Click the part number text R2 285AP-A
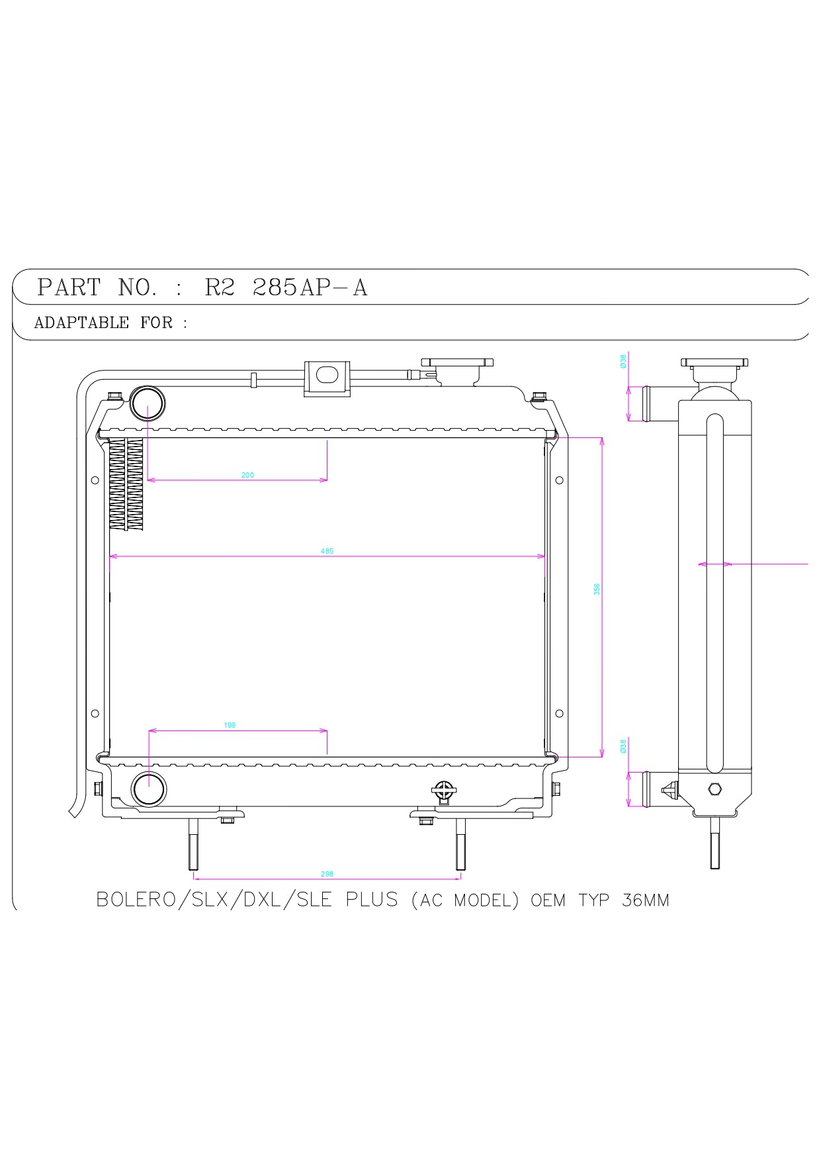point(286,288)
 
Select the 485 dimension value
point(327,551)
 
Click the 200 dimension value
point(247,475)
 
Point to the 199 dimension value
point(230,725)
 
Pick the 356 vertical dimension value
point(597,589)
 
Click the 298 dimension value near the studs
point(327,874)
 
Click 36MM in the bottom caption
point(645,900)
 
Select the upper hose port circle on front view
point(147,404)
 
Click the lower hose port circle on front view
point(149,789)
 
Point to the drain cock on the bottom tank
point(443,791)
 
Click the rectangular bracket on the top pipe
point(327,378)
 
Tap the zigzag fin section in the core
point(126,484)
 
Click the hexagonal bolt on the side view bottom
point(714,789)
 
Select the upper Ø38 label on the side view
point(623,361)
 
